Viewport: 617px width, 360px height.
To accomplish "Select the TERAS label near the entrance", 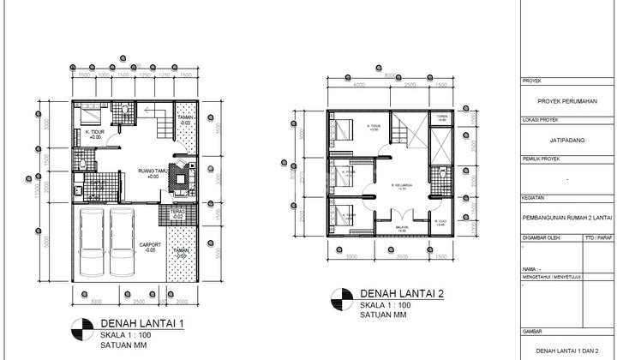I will click(x=177, y=213).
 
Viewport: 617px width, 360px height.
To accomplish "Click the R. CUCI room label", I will click(x=440, y=223).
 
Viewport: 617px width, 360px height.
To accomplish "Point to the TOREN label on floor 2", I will click(x=440, y=117).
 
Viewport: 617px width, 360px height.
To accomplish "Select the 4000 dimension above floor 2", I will click(x=358, y=85).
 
